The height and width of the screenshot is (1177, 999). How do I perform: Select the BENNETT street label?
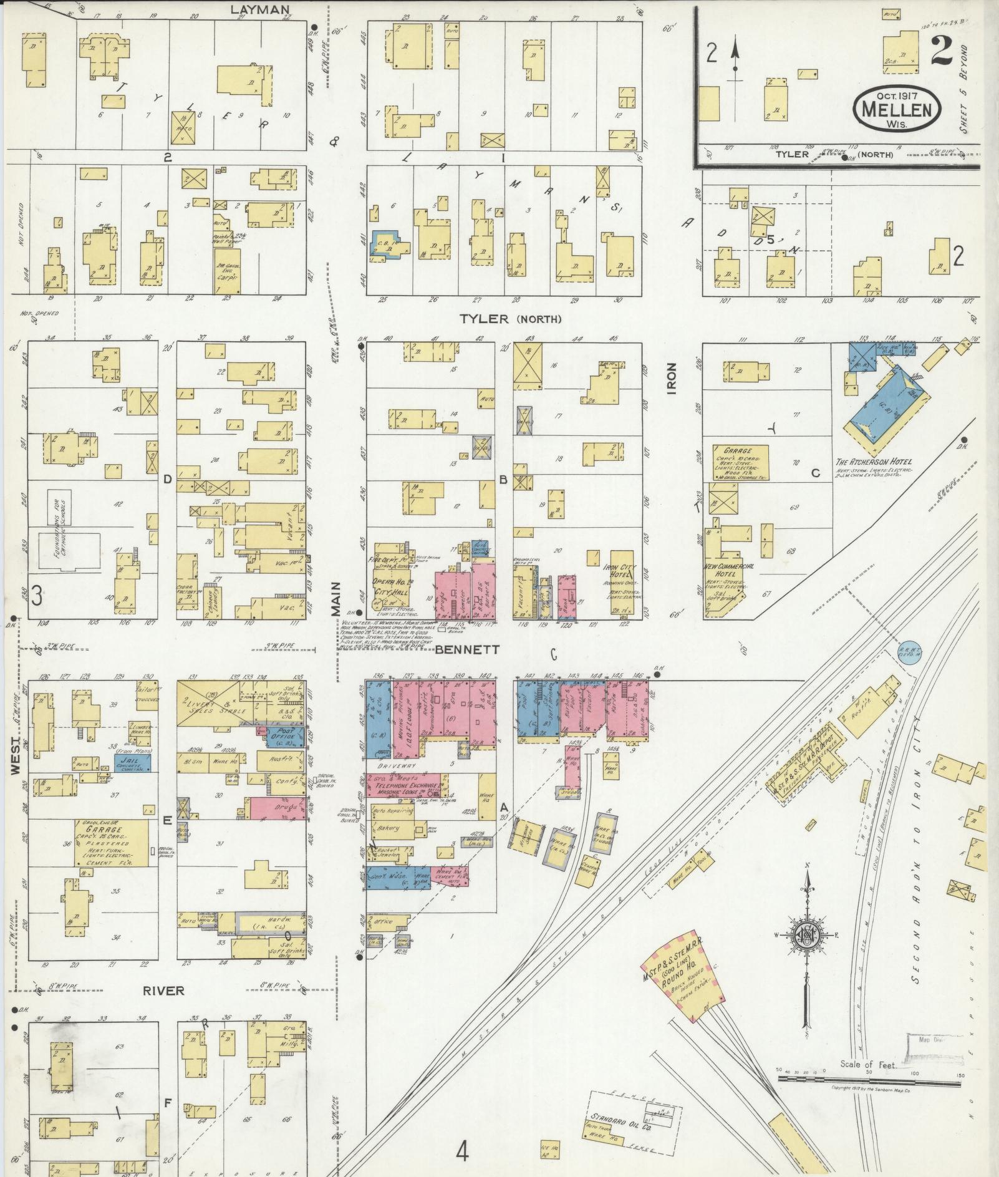(467, 649)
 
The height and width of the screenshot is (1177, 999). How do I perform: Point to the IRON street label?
(672, 379)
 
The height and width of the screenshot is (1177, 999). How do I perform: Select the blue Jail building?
(132, 761)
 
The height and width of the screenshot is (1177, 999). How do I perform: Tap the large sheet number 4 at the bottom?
(461, 1151)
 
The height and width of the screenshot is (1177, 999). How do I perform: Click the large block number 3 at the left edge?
(36, 597)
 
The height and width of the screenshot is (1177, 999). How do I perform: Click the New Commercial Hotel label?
(728, 569)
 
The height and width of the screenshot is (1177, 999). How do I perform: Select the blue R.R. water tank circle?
(909, 652)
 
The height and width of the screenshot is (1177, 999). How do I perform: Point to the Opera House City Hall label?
(390, 586)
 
